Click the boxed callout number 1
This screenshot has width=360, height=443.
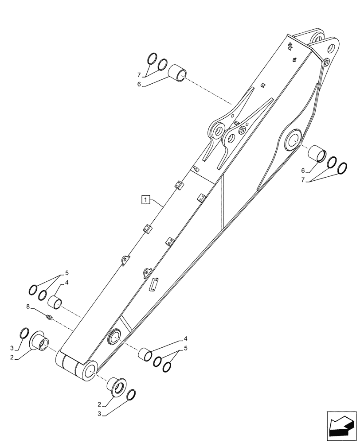click(145, 199)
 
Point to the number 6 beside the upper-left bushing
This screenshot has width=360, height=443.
click(139, 84)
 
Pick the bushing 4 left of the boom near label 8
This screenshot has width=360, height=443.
click(55, 302)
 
